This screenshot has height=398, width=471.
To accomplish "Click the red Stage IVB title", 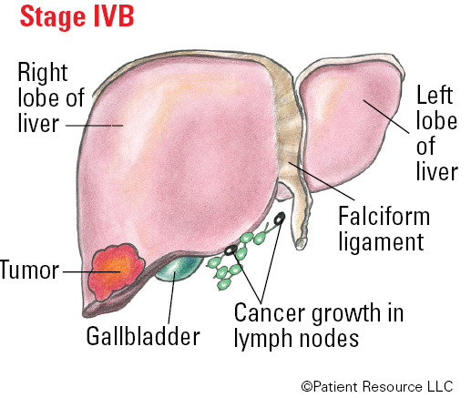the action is (77, 16).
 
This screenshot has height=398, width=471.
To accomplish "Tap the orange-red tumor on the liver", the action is (116, 271).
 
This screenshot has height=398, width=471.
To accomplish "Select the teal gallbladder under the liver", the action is (179, 267).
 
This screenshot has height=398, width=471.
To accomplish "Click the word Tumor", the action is (29, 270).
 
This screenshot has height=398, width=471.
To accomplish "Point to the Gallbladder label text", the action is (143, 336).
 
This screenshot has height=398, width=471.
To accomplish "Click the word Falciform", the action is (384, 216).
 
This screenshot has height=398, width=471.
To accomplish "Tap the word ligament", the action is (381, 242).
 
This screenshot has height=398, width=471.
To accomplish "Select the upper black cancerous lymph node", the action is (280, 218).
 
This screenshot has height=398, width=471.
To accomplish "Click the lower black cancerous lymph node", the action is (230, 250).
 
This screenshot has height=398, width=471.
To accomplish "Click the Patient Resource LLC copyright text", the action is (377, 386).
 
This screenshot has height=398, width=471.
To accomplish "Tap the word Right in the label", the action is (43, 73).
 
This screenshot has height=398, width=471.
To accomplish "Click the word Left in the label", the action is (435, 95).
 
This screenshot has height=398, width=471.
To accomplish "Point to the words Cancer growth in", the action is (319, 312).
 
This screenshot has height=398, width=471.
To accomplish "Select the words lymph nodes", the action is (296, 338).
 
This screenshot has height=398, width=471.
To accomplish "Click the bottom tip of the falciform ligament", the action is (301, 249).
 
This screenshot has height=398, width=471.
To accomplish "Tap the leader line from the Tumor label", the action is (92, 271).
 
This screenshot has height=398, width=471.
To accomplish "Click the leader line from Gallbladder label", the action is (172, 298).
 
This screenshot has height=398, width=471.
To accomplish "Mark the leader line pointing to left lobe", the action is (386, 117).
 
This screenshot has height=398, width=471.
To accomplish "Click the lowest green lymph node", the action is (224, 284).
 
